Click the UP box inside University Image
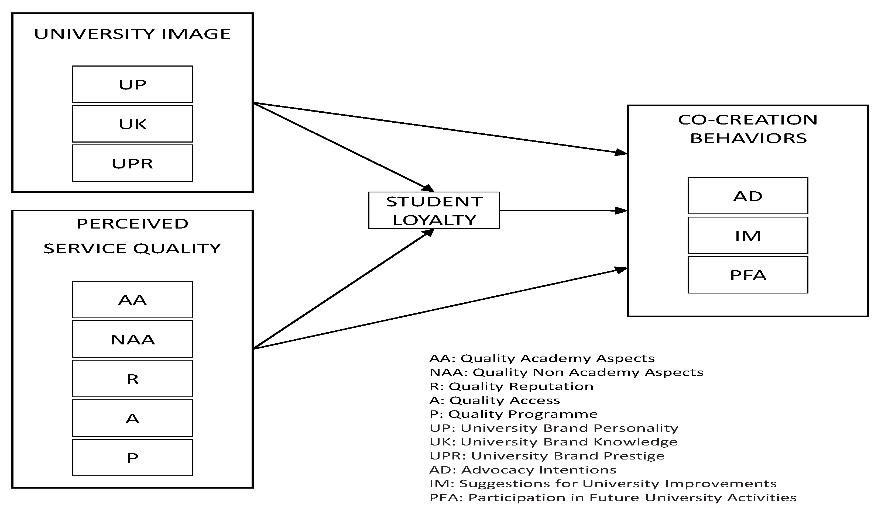click(132, 84)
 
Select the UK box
click(132, 124)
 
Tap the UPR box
click(132, 163)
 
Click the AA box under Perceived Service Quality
click(132, 300)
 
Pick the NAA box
click(132, 339)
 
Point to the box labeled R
click(132, 379)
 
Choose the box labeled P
click(132, 458)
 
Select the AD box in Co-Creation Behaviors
click(748, 196)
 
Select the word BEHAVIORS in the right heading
click(748, 138)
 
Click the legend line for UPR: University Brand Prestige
click(547, 456)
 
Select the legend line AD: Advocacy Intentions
click(523, 470)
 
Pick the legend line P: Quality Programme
click(514, 414)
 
